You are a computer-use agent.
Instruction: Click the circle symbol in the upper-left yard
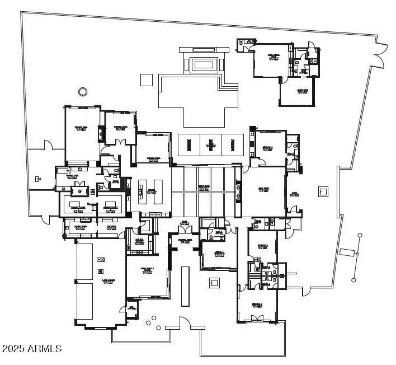pos(83,91)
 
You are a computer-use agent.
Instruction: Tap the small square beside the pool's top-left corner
pos(146,79)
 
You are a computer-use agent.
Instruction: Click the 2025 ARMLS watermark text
pos(32,349)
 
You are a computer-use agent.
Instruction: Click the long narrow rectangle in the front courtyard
pos(185,286)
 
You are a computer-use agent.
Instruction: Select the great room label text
pos(204,188)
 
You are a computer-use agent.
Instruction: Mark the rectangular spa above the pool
pos(203,64)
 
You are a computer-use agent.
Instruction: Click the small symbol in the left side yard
pos(38,180)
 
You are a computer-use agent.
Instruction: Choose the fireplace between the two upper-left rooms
pos(101,133)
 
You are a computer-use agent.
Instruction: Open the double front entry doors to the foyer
pos(184,230)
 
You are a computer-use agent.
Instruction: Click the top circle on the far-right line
pos(360,235)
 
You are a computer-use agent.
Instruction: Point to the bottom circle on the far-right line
pos(353,280)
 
